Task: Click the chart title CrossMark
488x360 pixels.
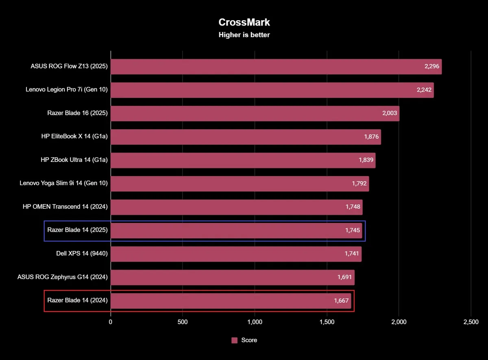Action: pos(244,22)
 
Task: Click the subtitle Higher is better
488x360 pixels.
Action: pos(244,35)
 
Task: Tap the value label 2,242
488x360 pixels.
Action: pos(425,90)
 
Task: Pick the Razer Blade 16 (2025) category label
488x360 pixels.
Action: pos(77,113)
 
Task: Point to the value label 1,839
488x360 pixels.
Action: pos(366,160)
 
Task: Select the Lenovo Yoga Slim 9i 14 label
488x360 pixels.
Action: pos(63,183)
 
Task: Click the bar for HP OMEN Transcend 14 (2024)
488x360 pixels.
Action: pos(236,207)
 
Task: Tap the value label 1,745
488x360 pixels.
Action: pos(353,230)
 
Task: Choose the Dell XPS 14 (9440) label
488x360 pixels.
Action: pos(82,254)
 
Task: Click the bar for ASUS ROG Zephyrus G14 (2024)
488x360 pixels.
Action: pos(232,277)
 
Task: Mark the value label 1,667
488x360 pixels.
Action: pos(342,301)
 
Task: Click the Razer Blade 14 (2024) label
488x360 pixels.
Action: pos(77,301)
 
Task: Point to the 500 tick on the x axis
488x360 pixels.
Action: pos(183,322)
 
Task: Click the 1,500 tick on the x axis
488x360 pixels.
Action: pos(327,322)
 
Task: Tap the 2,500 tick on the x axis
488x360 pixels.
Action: pos(471,322)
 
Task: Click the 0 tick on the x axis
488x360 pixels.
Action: pos(111,322)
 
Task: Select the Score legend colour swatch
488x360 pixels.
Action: pos(234,340)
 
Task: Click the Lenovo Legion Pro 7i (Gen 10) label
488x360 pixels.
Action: pos(67,90)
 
